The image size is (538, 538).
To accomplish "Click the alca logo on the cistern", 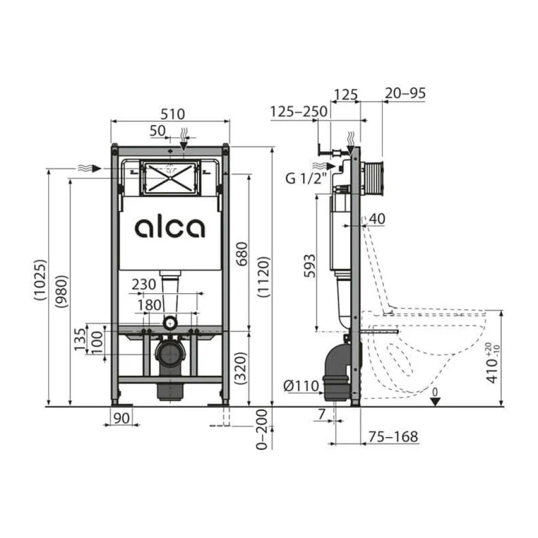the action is pos(170,228).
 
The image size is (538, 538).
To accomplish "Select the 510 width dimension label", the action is pos(172,114).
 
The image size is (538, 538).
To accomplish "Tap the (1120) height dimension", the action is pos(264,277).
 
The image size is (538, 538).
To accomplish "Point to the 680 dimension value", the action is pos(242,254).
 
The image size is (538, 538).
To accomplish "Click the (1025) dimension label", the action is pos(40,280).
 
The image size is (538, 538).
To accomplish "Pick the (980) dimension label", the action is pos(62,291).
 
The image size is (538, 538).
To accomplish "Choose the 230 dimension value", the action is pos(144,284).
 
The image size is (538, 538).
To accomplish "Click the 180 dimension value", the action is pos(150,305).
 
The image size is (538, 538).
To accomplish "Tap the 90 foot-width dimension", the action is pos(121,418).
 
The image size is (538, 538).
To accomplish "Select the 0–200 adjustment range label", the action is pos(262,429).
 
